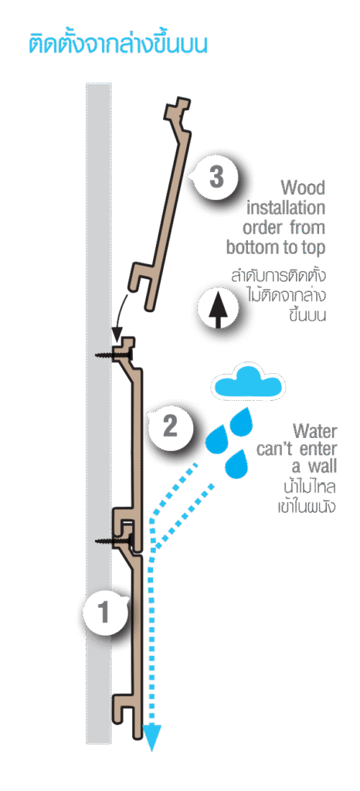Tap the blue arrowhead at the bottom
click(151, 738)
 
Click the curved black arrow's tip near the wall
click(117, 339)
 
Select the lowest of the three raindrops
click(236, 463)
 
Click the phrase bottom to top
click(276, 248)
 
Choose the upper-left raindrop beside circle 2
click(217, 438)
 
